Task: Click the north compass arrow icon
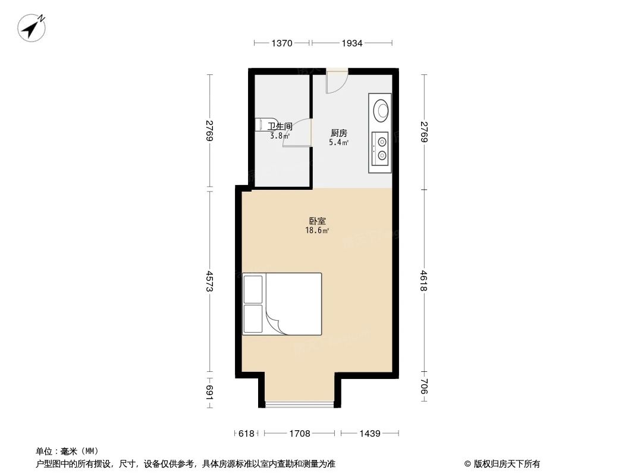pyautogui.click(x=33, y=27)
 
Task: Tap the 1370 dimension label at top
pyautogui.click(x=282, y=43)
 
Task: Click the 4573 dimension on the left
pyautogui.click(x=209, y=281)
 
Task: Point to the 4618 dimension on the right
pyautogui.click(x=423, y=281)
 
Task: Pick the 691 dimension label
pyautogui.click(x=209, y=392)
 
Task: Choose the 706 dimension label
pyautogui.click(x=423, y=390)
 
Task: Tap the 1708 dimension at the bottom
pyautogui.click(x=300, y=434)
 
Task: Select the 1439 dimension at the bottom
pyautogui.click(x=369, y=434)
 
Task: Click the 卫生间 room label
pyautogui.click(x=280, y=126)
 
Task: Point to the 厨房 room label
pyautogui.click(x=338, y=133)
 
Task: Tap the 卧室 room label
pyautogui.click(x=318, y=221)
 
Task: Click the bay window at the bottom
pyautogui.click(x=300, y=405)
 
